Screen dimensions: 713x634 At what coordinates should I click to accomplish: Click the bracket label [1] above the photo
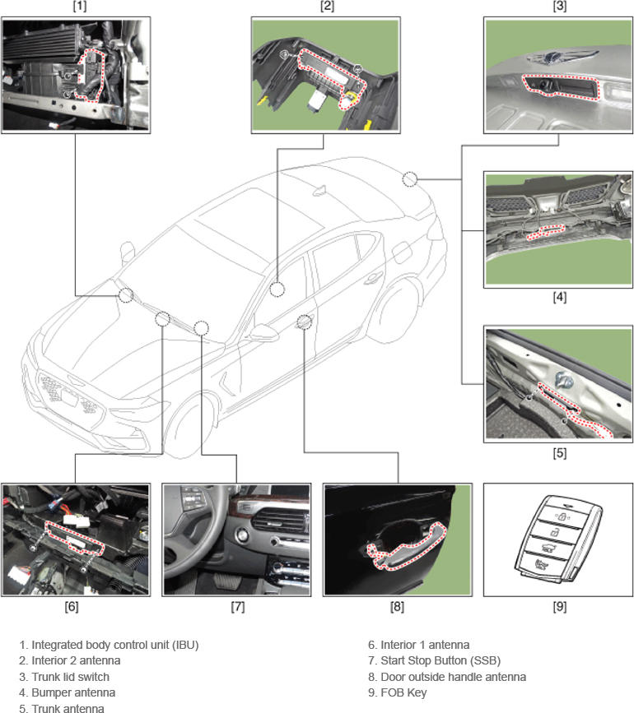click(x=79, y=7)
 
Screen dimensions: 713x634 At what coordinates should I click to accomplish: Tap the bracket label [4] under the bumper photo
click(x=560, y=297)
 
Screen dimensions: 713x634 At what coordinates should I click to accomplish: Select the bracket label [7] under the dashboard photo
click(x=237, y=608)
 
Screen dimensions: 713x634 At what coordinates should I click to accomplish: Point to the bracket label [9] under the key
click(x=559, y=608)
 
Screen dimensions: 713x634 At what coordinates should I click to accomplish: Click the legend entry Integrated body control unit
click(x=109, y=645)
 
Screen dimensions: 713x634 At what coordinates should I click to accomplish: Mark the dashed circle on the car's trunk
click(x=410, y=179)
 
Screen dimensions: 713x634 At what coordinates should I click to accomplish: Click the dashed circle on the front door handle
click(x=305, y=321)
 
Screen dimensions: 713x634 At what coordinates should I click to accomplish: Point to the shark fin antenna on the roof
click(x=319, y=191)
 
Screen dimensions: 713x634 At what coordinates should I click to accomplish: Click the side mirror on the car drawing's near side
click(x=263, y=333)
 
